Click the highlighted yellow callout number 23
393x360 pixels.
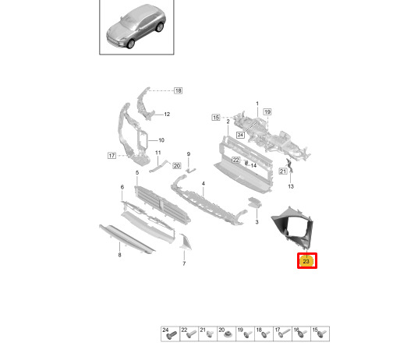coord(307,261)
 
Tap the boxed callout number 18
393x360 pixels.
coord(178,90)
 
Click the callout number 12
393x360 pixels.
coord(167,114)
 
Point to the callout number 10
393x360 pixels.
coord(161,140)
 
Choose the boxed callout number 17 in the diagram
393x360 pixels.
coord(112,156)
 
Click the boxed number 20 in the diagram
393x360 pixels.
coord(177,166)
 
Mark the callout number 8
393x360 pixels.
coord(119,255)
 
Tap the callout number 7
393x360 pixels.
coord(184,263)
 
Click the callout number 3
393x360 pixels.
coord(257,222)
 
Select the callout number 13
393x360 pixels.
coord(291,186)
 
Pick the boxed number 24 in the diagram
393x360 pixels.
coord(240,135)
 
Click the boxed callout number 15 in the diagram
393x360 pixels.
coord(216,118)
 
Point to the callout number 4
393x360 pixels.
coord(204,184)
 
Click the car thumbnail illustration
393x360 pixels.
coord(136,27)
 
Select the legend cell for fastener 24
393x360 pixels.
coord(170,334)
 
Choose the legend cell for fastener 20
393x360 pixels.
coord(226,334)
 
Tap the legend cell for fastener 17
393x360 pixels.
coord(282,334)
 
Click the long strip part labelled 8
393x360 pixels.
coord(127,239)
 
